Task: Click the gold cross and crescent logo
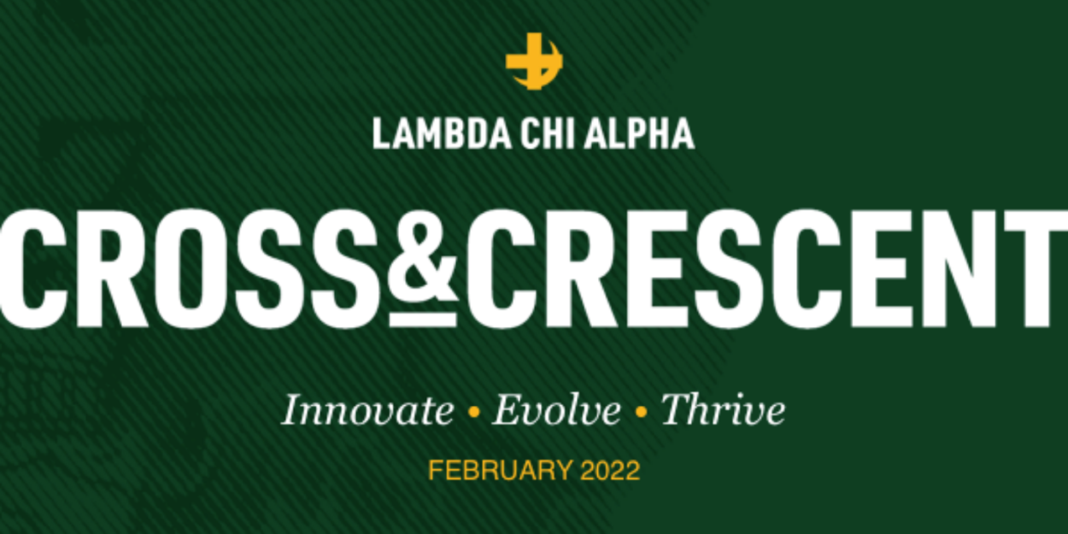tap(533, 61)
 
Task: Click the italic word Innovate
tap(367, 411)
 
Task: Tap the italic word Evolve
tap(556, 411)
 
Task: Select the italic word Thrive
tap(723, 411)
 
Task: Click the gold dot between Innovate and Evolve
tap(472, 414)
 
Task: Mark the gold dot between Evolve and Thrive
tap(641, 414)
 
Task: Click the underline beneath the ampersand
tap(423, 320)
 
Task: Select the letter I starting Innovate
tap(291, 410)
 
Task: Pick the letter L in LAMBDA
tap(381, 133)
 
